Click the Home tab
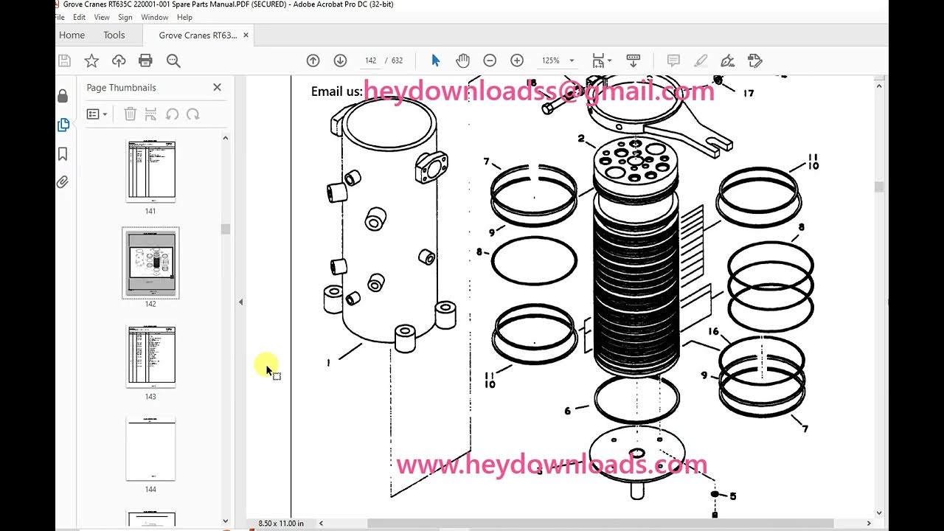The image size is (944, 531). point(72,35)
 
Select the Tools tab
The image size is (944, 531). point(114,35)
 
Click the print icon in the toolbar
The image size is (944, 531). point(146,60)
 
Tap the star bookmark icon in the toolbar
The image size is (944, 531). point(91,60)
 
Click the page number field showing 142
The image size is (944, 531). point(370,60)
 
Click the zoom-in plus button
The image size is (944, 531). point(517,60)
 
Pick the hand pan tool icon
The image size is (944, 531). point(462,60)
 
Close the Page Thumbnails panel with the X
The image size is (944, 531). point(217,87)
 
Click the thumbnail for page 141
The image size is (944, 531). point(150,170)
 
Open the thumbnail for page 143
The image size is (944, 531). point(150,356)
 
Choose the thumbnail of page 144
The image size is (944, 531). point(150,449)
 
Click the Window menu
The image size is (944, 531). point(154,17)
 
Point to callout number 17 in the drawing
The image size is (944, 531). point(749,94)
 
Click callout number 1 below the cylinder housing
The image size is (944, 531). point(328,363)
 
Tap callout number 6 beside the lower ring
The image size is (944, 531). point(567,411)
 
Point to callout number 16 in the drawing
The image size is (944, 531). point(713,332)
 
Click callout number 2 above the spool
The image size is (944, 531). point(581,139)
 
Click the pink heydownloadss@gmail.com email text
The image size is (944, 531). point(538,91)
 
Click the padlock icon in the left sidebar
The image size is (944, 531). point(63,96)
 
